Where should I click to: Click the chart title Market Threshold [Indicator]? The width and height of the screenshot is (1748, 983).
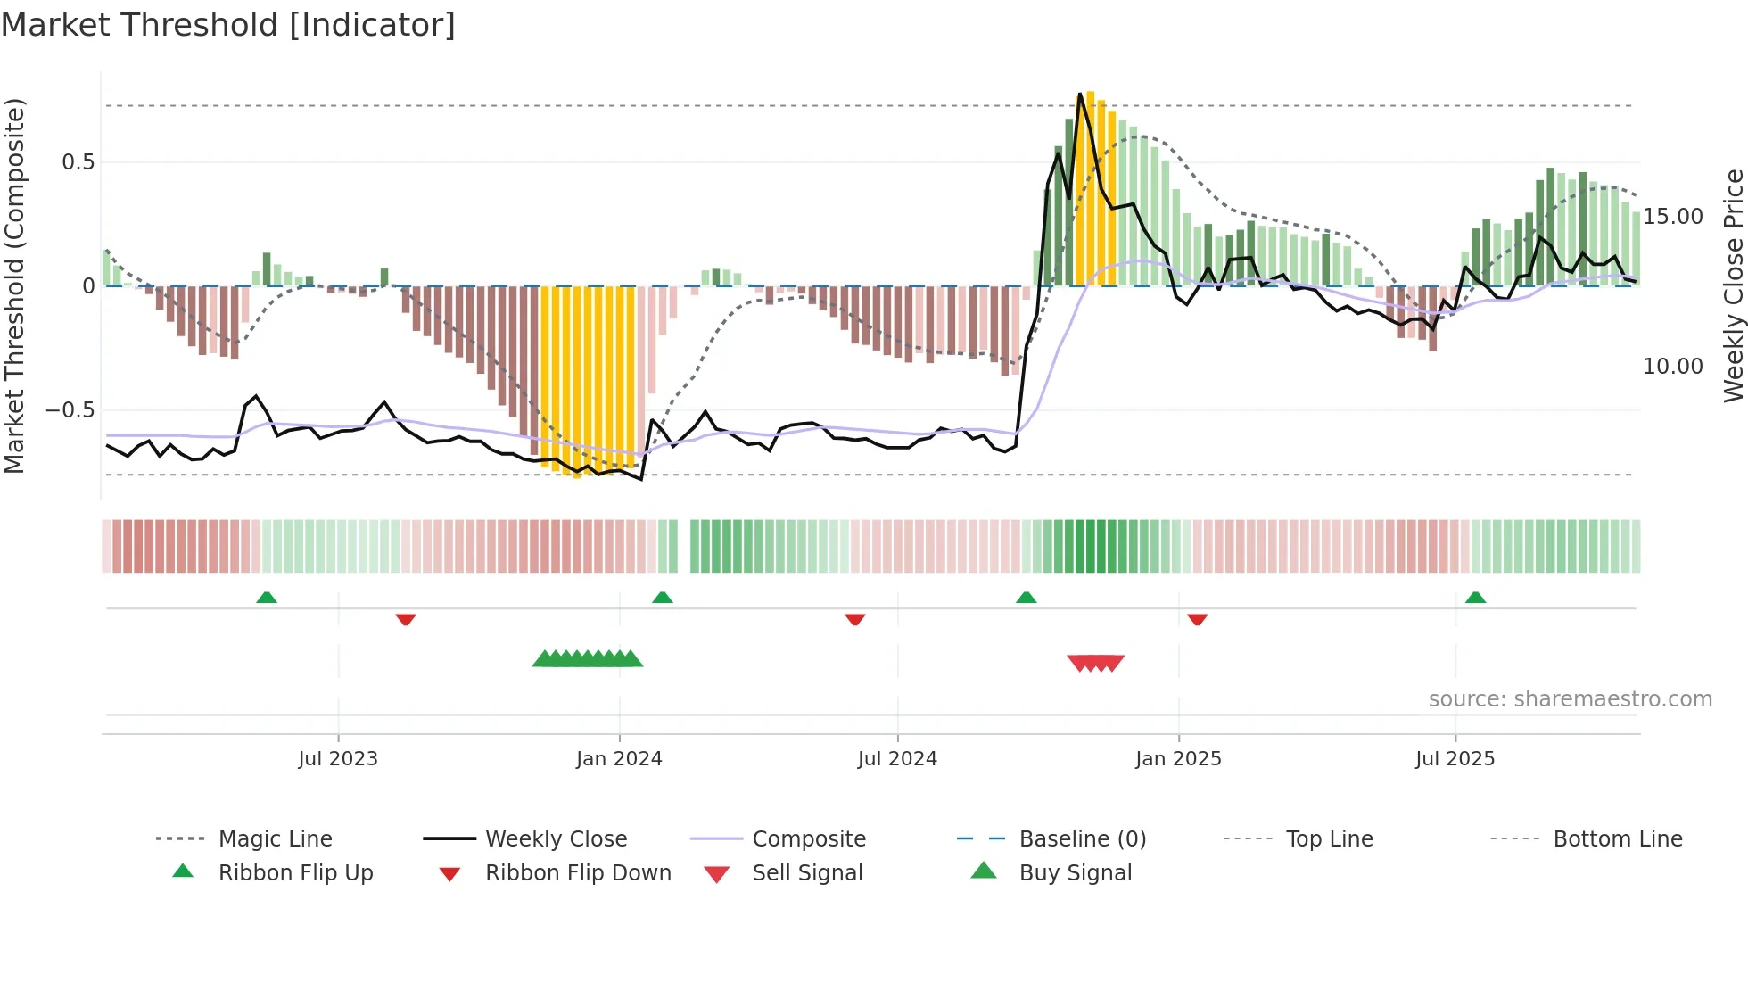click(x=228, y=25)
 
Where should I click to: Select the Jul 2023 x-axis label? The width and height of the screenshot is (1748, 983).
click(x=338, y=759)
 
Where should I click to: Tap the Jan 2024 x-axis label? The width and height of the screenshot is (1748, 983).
click(x=619, y=759)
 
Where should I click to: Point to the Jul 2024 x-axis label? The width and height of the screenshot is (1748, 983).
click(x=897, y=759)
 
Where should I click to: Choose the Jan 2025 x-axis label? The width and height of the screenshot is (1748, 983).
click(x=1178, y=759)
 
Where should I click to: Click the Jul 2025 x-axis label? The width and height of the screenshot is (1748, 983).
click(x=1455, y=759)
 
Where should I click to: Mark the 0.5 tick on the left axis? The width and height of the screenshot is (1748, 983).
click(x=78, y=162)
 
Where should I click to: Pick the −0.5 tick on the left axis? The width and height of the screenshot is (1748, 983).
click(x=70, y=410)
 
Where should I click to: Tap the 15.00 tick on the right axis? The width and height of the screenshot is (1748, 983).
click(x=1673, y=217)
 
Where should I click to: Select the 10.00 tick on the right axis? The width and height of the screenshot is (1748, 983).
click(x=1673, y=367)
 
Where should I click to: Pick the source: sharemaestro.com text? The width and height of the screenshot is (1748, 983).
click(x=1570, y=699)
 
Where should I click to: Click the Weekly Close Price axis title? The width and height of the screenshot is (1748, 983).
click(x=1733, y=285)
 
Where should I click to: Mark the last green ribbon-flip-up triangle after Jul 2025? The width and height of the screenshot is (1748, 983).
click(x=1475, y=598)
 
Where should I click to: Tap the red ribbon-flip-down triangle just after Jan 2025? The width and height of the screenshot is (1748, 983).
click(x=1198, y=619)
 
